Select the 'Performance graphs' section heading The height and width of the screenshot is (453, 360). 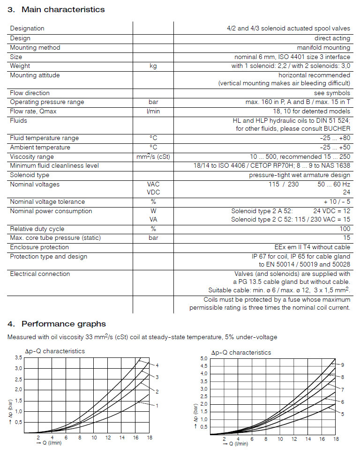point(57,324)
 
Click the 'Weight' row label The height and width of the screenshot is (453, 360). point(20,66)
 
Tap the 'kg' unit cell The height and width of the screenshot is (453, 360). point(153,66)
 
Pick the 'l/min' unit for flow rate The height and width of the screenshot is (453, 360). point(153,111)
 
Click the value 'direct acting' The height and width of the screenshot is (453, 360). point(332,38)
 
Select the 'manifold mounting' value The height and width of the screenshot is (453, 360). point(323,48)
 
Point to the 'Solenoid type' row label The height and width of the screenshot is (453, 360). point(30,175)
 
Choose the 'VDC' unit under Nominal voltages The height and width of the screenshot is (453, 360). point(153,192)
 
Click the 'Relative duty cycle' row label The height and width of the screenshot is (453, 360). point(37,229)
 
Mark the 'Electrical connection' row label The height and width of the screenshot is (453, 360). point(40,274)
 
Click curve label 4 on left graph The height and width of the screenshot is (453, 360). point(157,365)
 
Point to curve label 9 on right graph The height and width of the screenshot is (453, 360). point(343,365)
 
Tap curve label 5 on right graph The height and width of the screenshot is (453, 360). point(343,414)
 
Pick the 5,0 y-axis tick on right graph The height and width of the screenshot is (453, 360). point(203,358)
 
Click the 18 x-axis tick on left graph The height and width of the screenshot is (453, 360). point(150,438)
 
